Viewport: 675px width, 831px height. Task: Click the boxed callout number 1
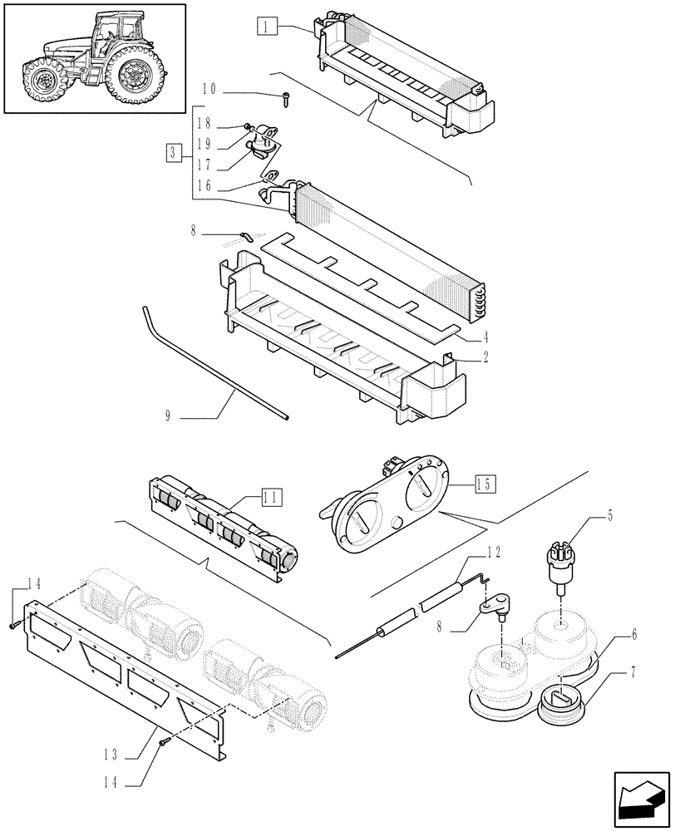tap(265, 27)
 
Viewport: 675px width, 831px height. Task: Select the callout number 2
tap(484, 359)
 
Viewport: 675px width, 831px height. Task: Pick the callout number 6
tap(633, 634)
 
